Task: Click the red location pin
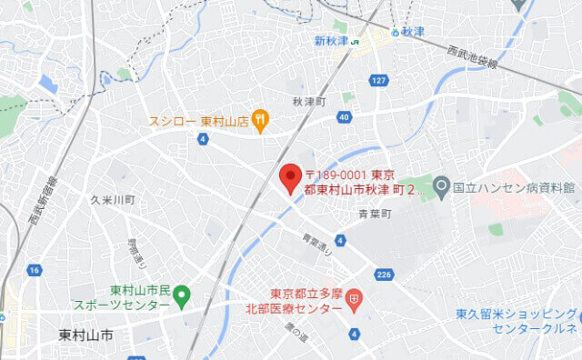coord(290,176)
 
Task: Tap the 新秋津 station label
coord(332,41)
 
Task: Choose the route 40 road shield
coord(343,117)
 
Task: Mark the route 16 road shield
coord(34,271)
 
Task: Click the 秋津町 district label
coord(309,101)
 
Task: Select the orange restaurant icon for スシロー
coord(261,117)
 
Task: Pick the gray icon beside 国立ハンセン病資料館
coord(442,188)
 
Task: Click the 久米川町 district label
coord(113,198)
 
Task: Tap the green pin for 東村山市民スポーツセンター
coord(181,294)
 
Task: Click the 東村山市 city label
coord(85,335)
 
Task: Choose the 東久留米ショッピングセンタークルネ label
coord(516,322)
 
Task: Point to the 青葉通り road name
coord(315,244)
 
